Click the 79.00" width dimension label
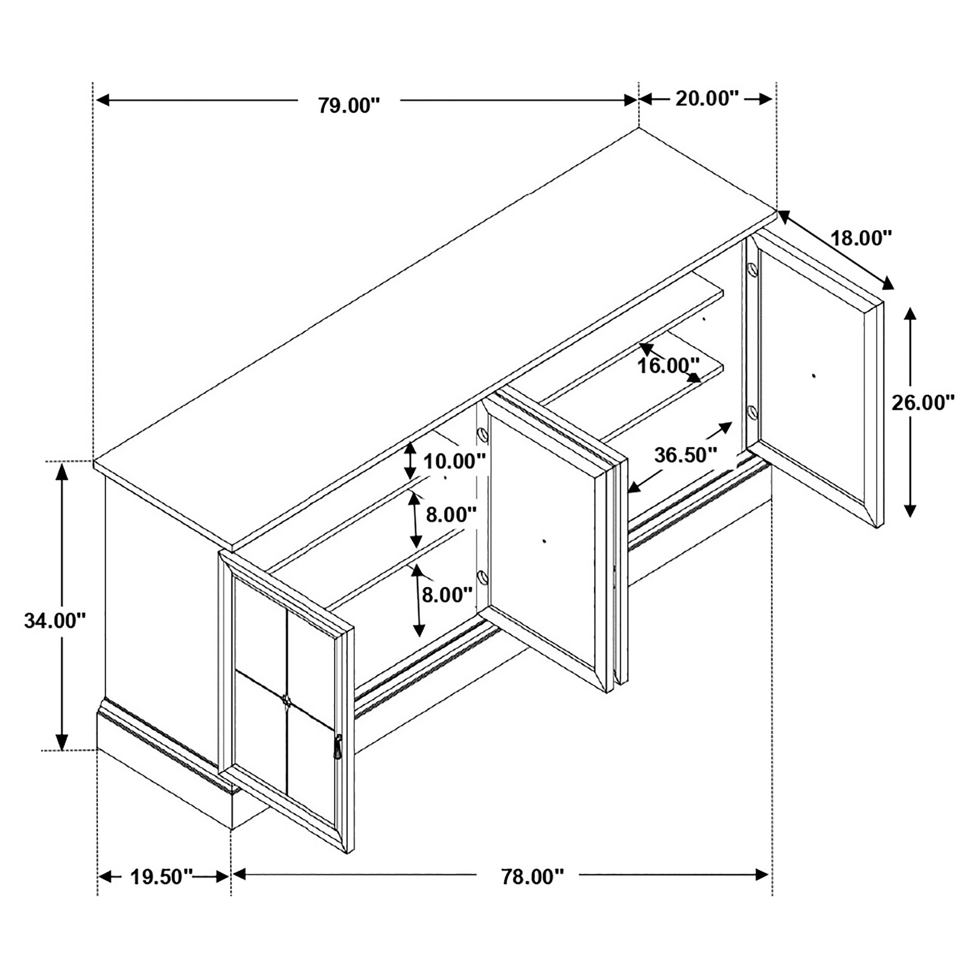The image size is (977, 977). click(349, 105)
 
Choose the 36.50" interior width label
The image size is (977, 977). click(686, 455)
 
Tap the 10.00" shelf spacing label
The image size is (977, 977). click(454, 461)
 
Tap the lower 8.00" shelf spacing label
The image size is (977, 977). click(447, 595)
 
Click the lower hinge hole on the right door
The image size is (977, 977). click(752, 413)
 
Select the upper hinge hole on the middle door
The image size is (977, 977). click(482, 434)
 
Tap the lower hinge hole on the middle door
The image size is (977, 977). click(482, 577)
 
